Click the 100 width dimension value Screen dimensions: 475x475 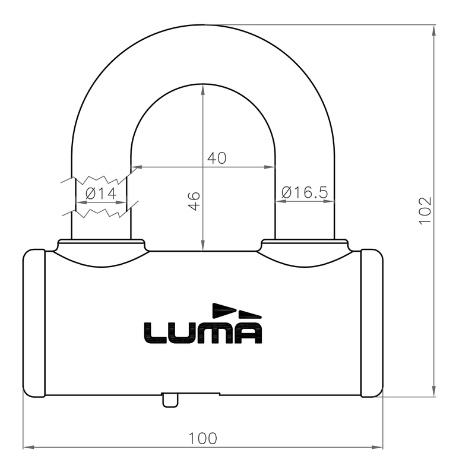pos(202,438)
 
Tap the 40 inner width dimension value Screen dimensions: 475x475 pos(216,158)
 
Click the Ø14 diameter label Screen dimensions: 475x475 pos(100,193)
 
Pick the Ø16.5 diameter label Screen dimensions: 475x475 pos(305,192)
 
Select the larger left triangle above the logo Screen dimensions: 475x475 pos(224,309)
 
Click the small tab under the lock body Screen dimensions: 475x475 pos(170,401)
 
